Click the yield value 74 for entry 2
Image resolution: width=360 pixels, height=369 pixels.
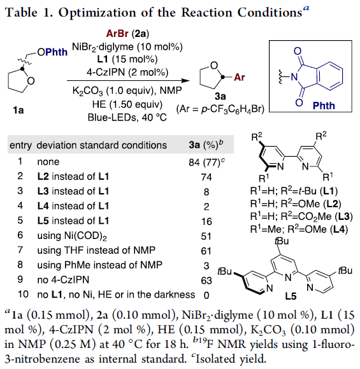coord(206,177)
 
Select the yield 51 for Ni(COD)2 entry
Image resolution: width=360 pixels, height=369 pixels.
coord(206,236)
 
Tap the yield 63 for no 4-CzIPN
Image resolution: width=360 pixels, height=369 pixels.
coord(206,280)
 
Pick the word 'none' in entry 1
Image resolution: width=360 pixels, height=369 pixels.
coord(48,162)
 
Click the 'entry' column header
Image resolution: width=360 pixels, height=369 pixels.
coord(20,145)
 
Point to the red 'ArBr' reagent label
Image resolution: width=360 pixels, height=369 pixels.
coord(117,34)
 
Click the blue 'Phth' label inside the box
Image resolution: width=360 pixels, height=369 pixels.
coord(324,106)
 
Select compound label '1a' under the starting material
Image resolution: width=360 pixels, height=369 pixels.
coord(18,110)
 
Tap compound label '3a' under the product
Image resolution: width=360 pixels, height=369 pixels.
coord(220,96)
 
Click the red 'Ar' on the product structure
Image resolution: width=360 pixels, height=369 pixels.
coord(240,77)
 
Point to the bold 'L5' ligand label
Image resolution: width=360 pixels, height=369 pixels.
coord(291,296)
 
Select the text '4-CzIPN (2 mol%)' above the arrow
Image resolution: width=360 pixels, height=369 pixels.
coord(127,72)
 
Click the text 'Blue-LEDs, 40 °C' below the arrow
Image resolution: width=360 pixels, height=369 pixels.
coord(127,117)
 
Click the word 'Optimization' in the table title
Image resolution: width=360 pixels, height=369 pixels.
coord(97,12)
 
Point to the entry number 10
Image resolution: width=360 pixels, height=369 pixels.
coord(23,294)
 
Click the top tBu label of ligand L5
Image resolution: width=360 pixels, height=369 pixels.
coord(282,241)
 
